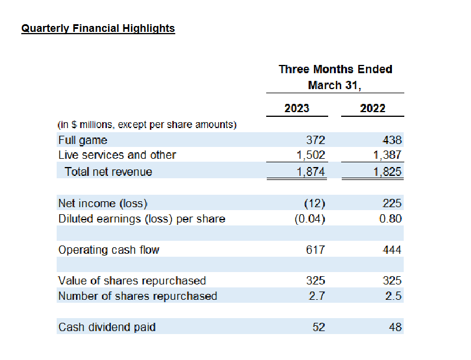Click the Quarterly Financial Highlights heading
98,28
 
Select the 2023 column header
296,108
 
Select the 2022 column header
372,108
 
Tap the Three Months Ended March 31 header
335,77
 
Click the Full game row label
83,140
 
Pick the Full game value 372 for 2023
315,140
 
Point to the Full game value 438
391,140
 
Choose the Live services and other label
117,155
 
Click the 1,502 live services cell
310,155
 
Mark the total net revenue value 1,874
310,172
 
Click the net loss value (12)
314,204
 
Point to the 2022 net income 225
391,204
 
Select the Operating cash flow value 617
315,250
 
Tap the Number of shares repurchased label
138,296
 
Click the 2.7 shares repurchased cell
317,296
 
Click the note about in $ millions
147,125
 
